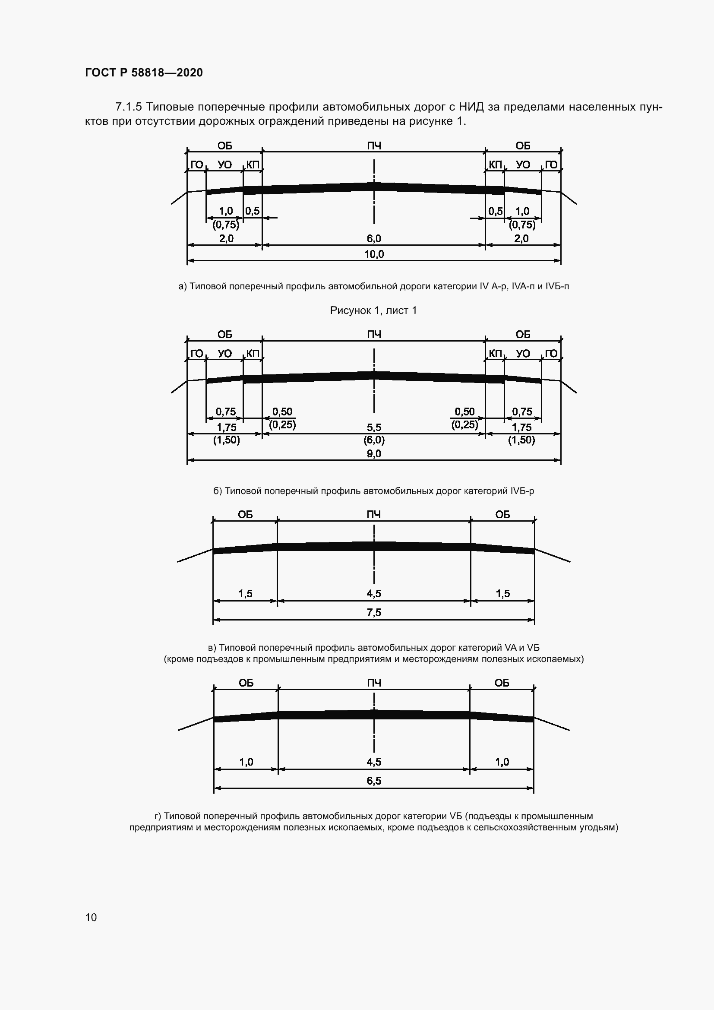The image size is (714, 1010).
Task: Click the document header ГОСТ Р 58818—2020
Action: point(144,73)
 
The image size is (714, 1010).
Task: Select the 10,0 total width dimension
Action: point(374,254)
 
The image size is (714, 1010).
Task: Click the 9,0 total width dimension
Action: point(374,453)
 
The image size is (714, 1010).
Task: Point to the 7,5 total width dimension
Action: point(374,612)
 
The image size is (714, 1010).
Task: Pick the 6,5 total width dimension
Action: point(374,781)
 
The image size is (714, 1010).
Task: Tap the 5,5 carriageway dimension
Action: point(374,427)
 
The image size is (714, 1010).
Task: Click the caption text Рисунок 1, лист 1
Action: point(373,310)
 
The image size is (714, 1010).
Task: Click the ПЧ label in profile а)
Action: point(374,146)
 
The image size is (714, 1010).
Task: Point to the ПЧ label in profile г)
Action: point(374,683)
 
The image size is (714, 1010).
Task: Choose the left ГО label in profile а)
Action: point(196,165)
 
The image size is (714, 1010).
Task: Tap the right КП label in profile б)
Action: point(496,354)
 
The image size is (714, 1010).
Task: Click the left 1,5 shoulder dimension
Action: point(245,593)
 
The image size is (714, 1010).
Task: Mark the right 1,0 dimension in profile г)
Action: point(502,762)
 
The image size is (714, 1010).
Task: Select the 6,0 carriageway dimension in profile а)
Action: point(374,238)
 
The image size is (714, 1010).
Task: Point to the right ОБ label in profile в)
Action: point(502,515)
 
